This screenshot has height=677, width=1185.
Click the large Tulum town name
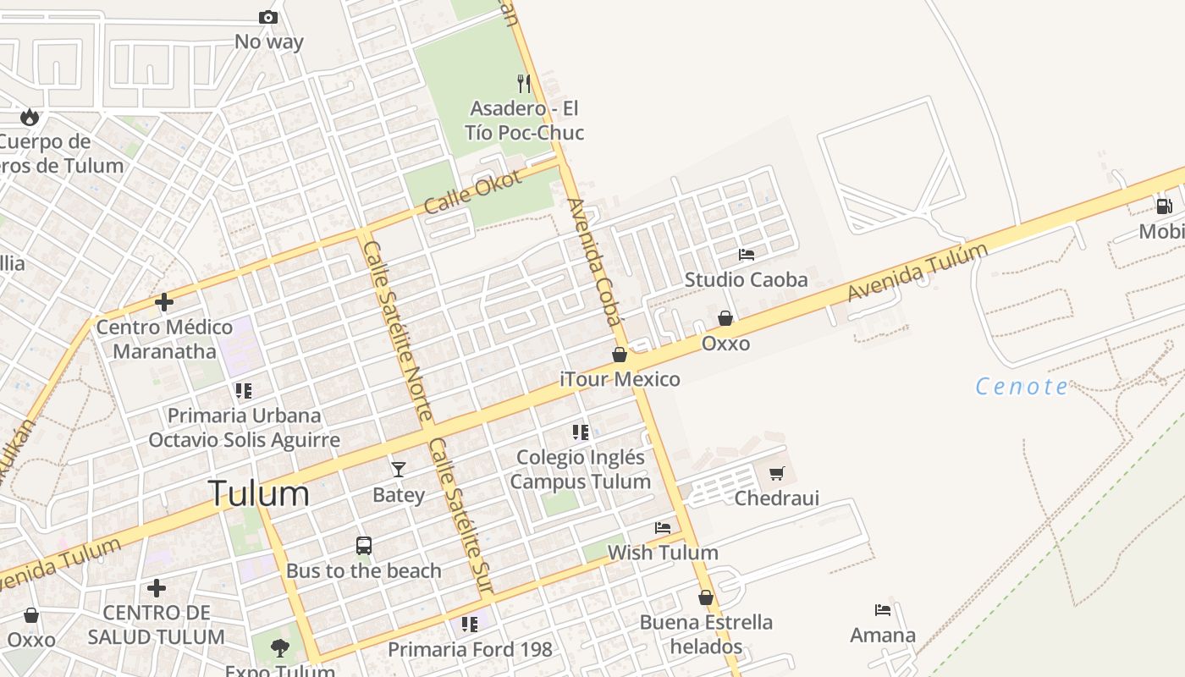tap(258, 493)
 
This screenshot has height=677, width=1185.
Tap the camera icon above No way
tap(268, 17)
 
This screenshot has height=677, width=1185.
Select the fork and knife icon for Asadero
tap(524, 83)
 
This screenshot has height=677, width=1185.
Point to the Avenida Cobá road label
tap(594, 261)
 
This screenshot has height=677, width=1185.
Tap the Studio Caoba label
tap(746, 279)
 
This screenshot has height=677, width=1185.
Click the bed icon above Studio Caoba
tap(747, 254)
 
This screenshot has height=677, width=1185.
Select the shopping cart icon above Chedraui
tap(777, 473)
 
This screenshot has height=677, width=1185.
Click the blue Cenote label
tap(1022, 387)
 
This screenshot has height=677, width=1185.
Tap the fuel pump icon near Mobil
tap(1165, 206)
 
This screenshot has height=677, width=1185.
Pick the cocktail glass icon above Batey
tap(399, 469)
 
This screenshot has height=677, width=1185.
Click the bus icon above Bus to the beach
tap(364, 546)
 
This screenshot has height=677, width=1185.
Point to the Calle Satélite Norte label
tap(398, 331)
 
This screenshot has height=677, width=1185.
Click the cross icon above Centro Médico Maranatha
tap(164, 301)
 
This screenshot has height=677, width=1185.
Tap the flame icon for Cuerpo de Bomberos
tap(30, 117)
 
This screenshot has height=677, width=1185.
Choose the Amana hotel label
tap(883, 636)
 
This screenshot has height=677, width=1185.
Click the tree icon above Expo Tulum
tap(279, 648)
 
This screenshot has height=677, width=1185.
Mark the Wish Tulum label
tap(663, 553)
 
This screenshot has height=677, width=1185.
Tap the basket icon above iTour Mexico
tap(620, 355)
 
